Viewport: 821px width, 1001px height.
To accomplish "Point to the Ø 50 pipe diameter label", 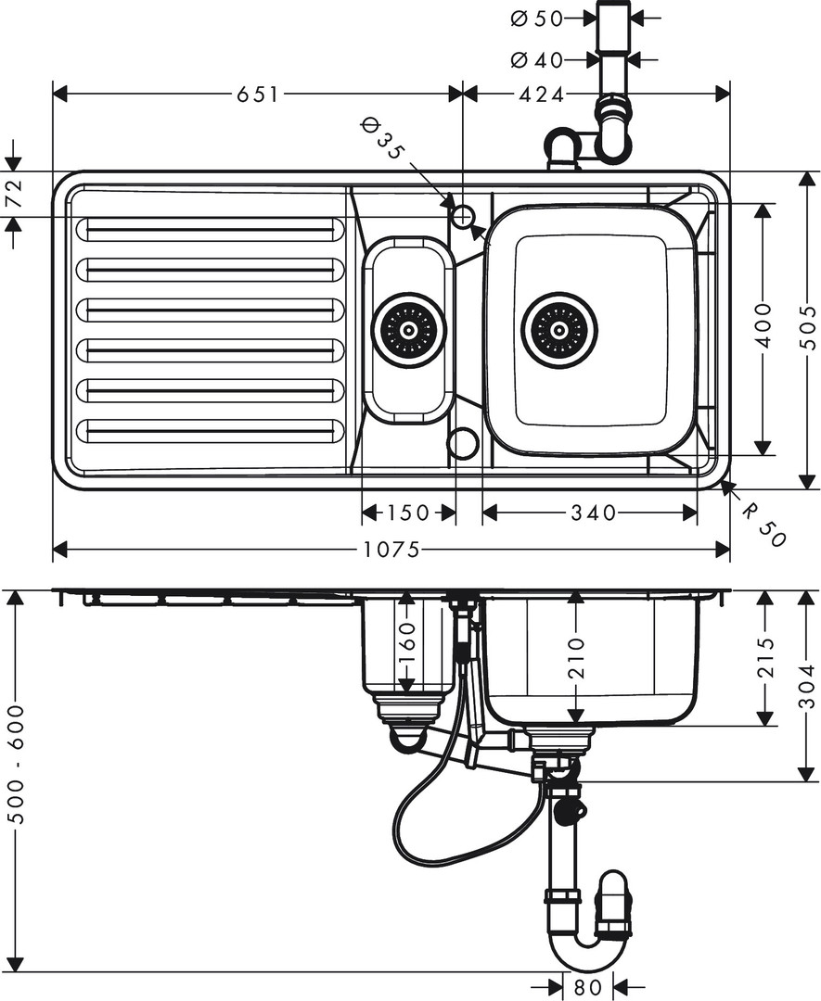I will point(537,17).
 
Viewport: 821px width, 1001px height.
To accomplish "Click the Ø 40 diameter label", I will point(537,60).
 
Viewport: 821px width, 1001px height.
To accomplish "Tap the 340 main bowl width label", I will point(594,513).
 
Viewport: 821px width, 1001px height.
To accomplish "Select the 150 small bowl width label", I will point(408,513).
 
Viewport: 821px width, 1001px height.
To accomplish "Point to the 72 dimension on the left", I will point(13,194).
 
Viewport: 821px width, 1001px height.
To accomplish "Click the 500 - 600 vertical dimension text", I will point(15,764).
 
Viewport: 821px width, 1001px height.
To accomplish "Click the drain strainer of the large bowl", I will point(559,330).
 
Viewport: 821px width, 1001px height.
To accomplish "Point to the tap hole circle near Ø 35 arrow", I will point(462,217).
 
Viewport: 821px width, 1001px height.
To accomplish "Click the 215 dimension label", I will point(764,658).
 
